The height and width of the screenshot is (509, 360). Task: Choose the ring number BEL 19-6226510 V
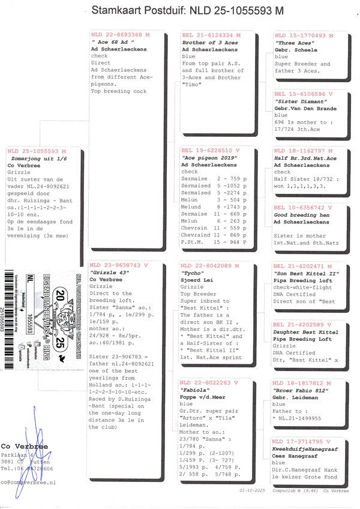coord(210,151)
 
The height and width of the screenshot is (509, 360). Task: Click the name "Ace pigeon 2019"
coord(206,157)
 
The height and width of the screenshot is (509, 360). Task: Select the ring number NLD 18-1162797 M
coord(303,151)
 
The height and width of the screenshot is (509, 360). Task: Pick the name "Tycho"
coord(192,272)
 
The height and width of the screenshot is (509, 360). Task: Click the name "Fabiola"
coord(194,390)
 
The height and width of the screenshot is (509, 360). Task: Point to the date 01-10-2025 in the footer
coord(247,490)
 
